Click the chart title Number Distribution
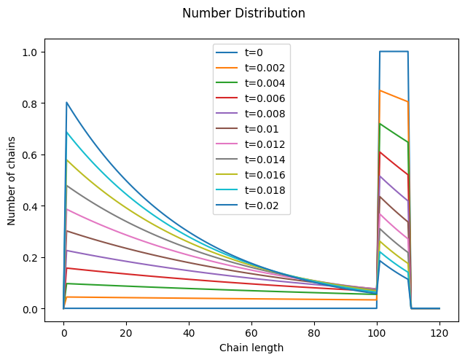[243, 13]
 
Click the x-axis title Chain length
[251, 348]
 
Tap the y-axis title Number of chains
[12, 180]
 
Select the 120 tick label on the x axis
[439, 332]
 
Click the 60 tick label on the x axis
[251, 332]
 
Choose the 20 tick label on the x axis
[126, 332]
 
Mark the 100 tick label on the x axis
[377, 332]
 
